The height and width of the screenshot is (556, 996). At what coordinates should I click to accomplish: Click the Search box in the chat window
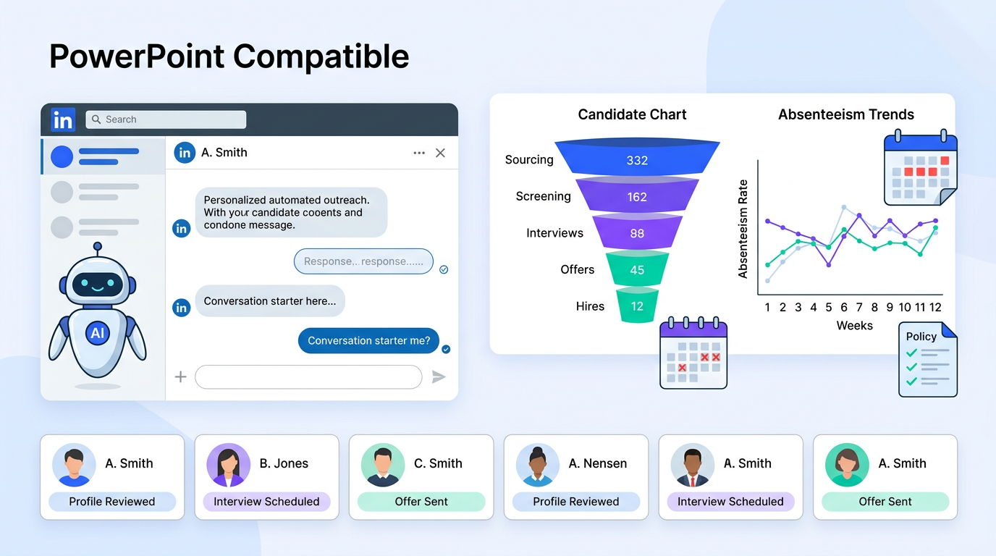166,119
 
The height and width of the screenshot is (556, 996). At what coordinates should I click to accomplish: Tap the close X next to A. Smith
440,153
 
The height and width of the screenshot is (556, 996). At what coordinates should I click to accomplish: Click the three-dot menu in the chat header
419,153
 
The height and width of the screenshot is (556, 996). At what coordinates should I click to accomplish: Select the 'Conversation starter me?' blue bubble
368,340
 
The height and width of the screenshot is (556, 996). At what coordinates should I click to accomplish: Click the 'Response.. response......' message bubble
363,261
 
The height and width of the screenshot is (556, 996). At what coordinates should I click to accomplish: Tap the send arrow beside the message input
439,376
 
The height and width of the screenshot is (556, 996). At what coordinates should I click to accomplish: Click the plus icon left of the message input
181,376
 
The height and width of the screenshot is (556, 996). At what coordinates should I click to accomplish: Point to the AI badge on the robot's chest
97,332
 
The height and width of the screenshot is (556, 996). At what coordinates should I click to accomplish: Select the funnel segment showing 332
637,160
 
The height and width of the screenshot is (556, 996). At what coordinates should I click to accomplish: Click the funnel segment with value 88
637,233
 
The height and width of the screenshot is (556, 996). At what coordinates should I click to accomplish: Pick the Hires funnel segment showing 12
637,306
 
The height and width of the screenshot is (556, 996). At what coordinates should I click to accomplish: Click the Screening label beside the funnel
543,196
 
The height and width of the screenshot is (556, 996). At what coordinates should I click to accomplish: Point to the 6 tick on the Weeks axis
844,307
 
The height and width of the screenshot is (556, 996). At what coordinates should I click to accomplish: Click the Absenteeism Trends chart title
845,114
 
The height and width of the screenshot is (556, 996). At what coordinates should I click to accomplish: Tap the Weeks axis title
854,326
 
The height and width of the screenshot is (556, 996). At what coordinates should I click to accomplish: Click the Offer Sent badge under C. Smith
421,502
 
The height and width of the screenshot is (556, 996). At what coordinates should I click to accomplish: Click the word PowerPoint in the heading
136,56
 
